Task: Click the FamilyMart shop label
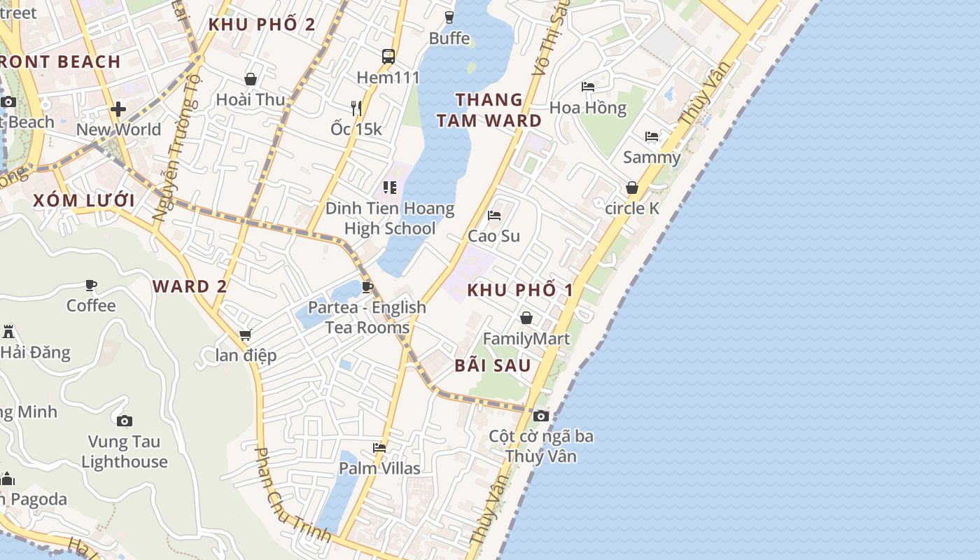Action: coord(526,339)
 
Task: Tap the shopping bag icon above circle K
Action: coord(632,188)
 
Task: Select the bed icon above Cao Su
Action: coord(494,216)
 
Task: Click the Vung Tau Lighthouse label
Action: coord(125,451)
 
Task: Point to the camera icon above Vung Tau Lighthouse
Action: coord(125,421)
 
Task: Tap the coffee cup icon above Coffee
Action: coord(91,285)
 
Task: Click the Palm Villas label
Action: coord(379,468)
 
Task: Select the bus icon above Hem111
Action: coord(388,56)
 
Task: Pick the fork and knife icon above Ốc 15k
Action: coord(356,108)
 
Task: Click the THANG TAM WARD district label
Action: coord(489,110)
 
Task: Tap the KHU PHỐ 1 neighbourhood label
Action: coord(520,290)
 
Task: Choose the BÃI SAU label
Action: coord(493,365)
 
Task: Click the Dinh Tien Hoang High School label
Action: coord(390,218)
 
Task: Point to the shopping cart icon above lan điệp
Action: coord(245,335)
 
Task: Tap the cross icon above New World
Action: coord(118,109)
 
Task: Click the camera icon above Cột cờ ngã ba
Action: coord(540,416)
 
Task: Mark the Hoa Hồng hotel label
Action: coord(588,108)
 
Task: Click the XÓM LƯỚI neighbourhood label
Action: coord(84,200)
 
